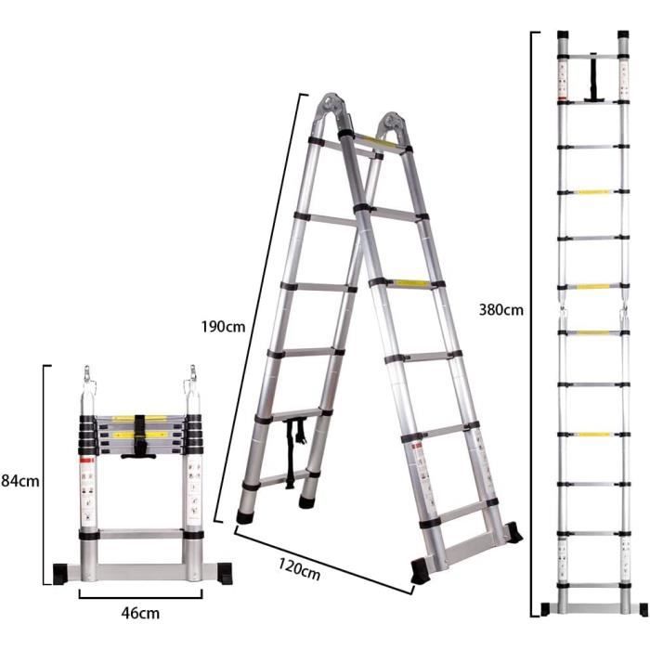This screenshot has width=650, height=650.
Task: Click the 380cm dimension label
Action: (x=500, y=309)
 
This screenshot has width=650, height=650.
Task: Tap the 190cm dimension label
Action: (x=223, y=327)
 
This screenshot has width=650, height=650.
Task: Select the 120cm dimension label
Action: (x=299, y=569)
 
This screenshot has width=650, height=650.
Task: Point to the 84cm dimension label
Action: (x=19, y=481)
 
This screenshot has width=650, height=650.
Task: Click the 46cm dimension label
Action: (x=140, y=613)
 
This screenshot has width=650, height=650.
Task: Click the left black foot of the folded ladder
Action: (x=60, y=573)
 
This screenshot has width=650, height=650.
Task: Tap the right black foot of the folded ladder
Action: (x=225, y=573)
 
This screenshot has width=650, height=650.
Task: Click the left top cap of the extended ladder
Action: (x=563, y=35)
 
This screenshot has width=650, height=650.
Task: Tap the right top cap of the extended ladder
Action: (x=623, y=35)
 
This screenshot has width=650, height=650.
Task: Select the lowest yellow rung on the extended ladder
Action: (x=594, y=435)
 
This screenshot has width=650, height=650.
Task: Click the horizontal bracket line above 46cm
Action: (x=140, y=597)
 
